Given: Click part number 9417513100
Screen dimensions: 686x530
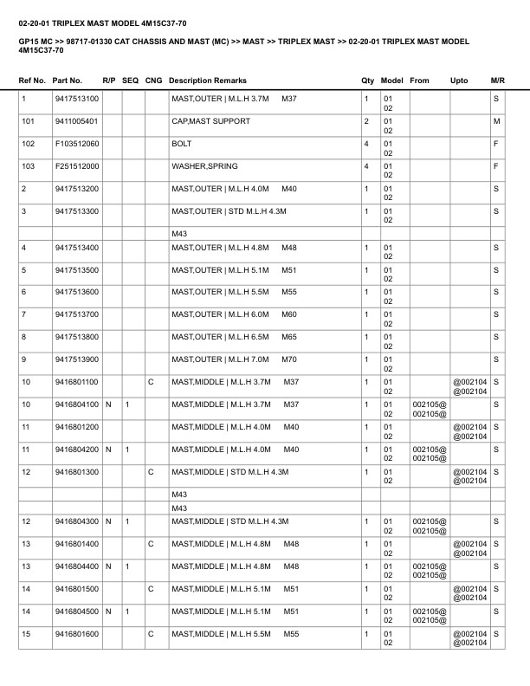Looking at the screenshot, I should point(76,100).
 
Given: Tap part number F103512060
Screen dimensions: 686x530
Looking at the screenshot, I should point(76,144).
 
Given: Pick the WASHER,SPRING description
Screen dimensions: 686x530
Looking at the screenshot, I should point(204,166).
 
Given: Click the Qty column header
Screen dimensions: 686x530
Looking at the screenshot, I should point(367,81).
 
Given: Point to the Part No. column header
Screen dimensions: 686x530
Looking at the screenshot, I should point(68,81).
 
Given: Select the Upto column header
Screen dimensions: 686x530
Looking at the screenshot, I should point(459,81).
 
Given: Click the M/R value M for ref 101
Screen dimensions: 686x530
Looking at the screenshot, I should point(497,121).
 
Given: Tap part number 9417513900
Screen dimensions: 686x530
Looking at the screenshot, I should point(76,359).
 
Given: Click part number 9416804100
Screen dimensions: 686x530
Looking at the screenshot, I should point(76,404).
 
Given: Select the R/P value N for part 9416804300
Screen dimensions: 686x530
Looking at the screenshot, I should point(108,521).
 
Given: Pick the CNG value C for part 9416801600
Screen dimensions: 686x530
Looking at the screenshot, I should point(151,635).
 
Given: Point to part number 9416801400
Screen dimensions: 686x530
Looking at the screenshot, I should point(76,544).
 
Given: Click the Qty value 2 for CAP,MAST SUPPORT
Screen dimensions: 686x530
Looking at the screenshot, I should point(366,121).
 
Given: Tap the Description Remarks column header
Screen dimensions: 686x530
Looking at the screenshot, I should point(208,81).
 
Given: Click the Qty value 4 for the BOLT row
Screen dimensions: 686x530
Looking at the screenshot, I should point(366,144).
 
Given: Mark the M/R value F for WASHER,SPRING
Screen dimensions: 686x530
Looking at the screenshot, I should point(497,166).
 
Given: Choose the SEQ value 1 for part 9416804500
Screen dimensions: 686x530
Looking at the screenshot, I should point(127,612).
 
